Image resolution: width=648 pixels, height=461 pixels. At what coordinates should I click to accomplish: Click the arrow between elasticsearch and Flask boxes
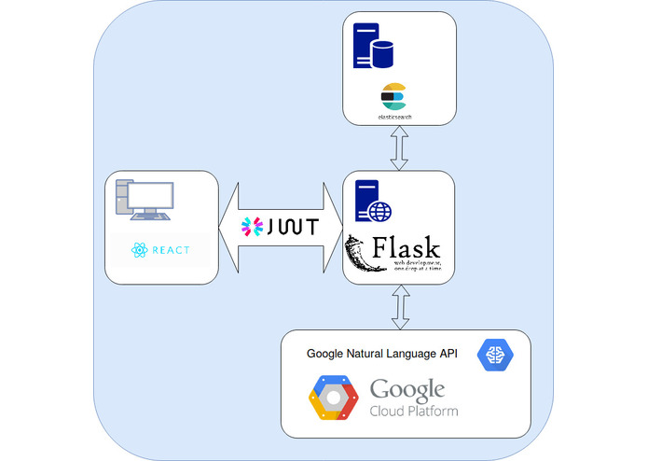[399, 148]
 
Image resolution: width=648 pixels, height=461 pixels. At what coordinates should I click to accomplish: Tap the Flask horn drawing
[364, 254]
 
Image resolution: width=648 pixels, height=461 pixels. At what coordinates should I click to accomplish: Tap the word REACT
[170, 250]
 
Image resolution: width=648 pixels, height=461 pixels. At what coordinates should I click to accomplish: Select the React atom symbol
[140, 250]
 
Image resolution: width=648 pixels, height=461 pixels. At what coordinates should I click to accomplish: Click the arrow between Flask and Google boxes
[399, 307]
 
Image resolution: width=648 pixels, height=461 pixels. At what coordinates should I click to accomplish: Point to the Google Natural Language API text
[381, 354]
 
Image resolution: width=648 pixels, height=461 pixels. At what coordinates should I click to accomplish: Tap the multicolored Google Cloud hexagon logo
[334, 398]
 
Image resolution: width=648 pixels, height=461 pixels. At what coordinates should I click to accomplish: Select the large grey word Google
[407, 389]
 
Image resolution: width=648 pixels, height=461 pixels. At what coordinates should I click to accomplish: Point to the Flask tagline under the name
[416, 267]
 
